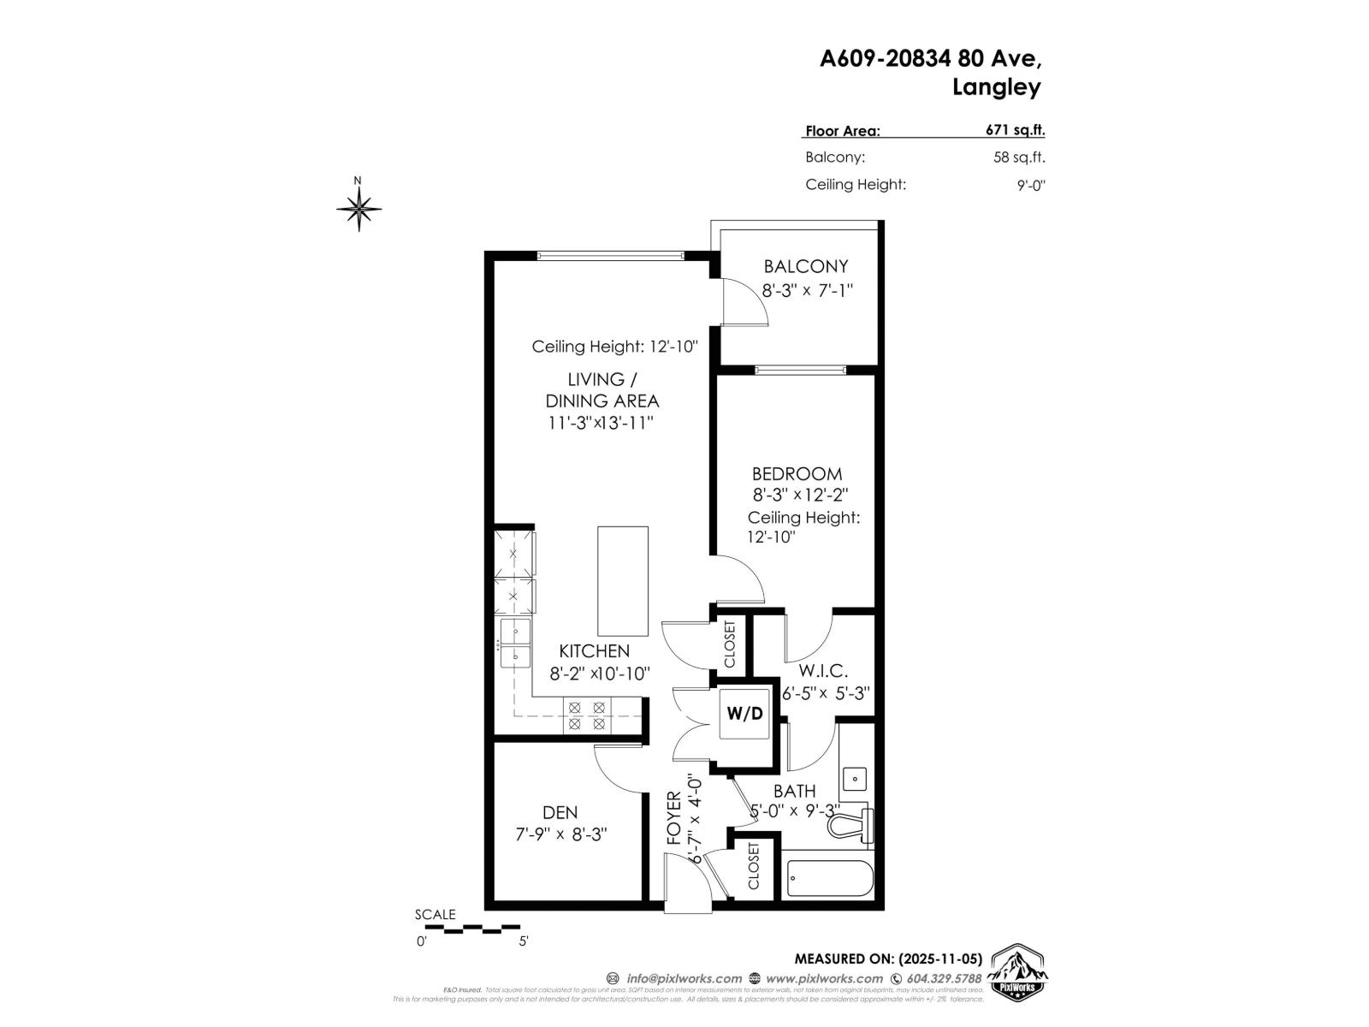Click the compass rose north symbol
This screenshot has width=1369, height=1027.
(x=359, y=206)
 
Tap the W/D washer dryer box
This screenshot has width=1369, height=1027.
(x=744, y=713)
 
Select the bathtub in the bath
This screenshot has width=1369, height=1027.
(x=829, y=876)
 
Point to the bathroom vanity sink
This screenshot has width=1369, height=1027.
(x=854, y=779)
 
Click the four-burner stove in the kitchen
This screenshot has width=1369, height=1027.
(x=587, y=715)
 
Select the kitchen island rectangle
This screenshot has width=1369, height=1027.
(x=622, y=580)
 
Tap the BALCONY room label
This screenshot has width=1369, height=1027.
(x=806, y=266)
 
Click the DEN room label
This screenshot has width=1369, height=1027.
(x=560, y=812)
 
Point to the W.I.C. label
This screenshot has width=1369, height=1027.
(x=823, y=671)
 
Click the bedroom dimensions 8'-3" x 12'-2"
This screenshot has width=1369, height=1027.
(x=800, y=495)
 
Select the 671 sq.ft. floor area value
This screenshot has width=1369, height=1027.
(x=1015, y=131)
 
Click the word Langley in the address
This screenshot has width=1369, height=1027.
(x=996, y=87)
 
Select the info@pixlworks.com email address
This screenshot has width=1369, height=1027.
(x=684, y=978)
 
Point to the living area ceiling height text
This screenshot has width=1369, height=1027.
(x=615, y=347)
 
